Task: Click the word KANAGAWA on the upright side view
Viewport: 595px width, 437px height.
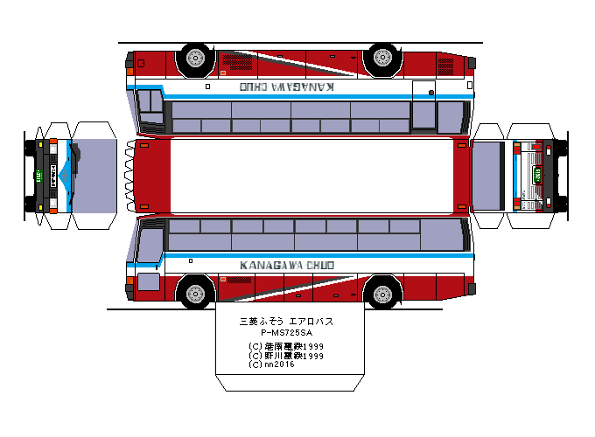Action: point(265,265)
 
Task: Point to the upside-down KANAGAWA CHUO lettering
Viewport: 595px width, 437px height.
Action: point(286,87)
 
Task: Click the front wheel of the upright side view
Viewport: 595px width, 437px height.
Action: point(194,291)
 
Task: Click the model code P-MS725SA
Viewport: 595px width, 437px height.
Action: point(286,333)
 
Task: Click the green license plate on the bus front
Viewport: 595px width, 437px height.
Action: point(40,173)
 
